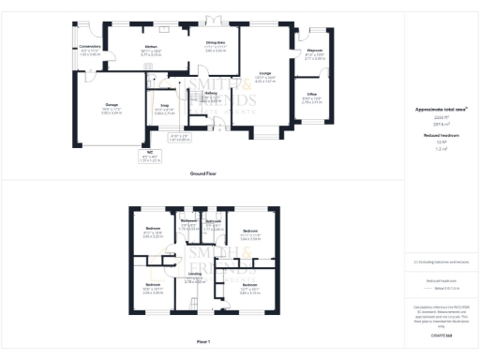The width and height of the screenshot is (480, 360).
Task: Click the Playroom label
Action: [315, 51]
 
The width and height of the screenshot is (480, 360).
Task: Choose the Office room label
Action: [312, 95]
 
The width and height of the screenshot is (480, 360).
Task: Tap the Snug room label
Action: [165, 106]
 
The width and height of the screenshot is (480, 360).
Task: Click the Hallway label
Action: [211, 94]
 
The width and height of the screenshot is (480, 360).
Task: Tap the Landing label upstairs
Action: [194, 273]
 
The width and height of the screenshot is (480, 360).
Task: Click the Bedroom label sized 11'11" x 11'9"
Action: [250, 230]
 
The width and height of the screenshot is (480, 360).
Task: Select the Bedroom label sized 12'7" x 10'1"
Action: [249, 284]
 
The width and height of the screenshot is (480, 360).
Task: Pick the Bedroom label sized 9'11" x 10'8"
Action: [153, 229]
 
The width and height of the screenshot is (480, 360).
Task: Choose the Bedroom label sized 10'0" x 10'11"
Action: [153, 284]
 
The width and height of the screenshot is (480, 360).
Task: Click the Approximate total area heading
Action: [441, 110]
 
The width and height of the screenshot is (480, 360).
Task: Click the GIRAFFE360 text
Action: [441, 334]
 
